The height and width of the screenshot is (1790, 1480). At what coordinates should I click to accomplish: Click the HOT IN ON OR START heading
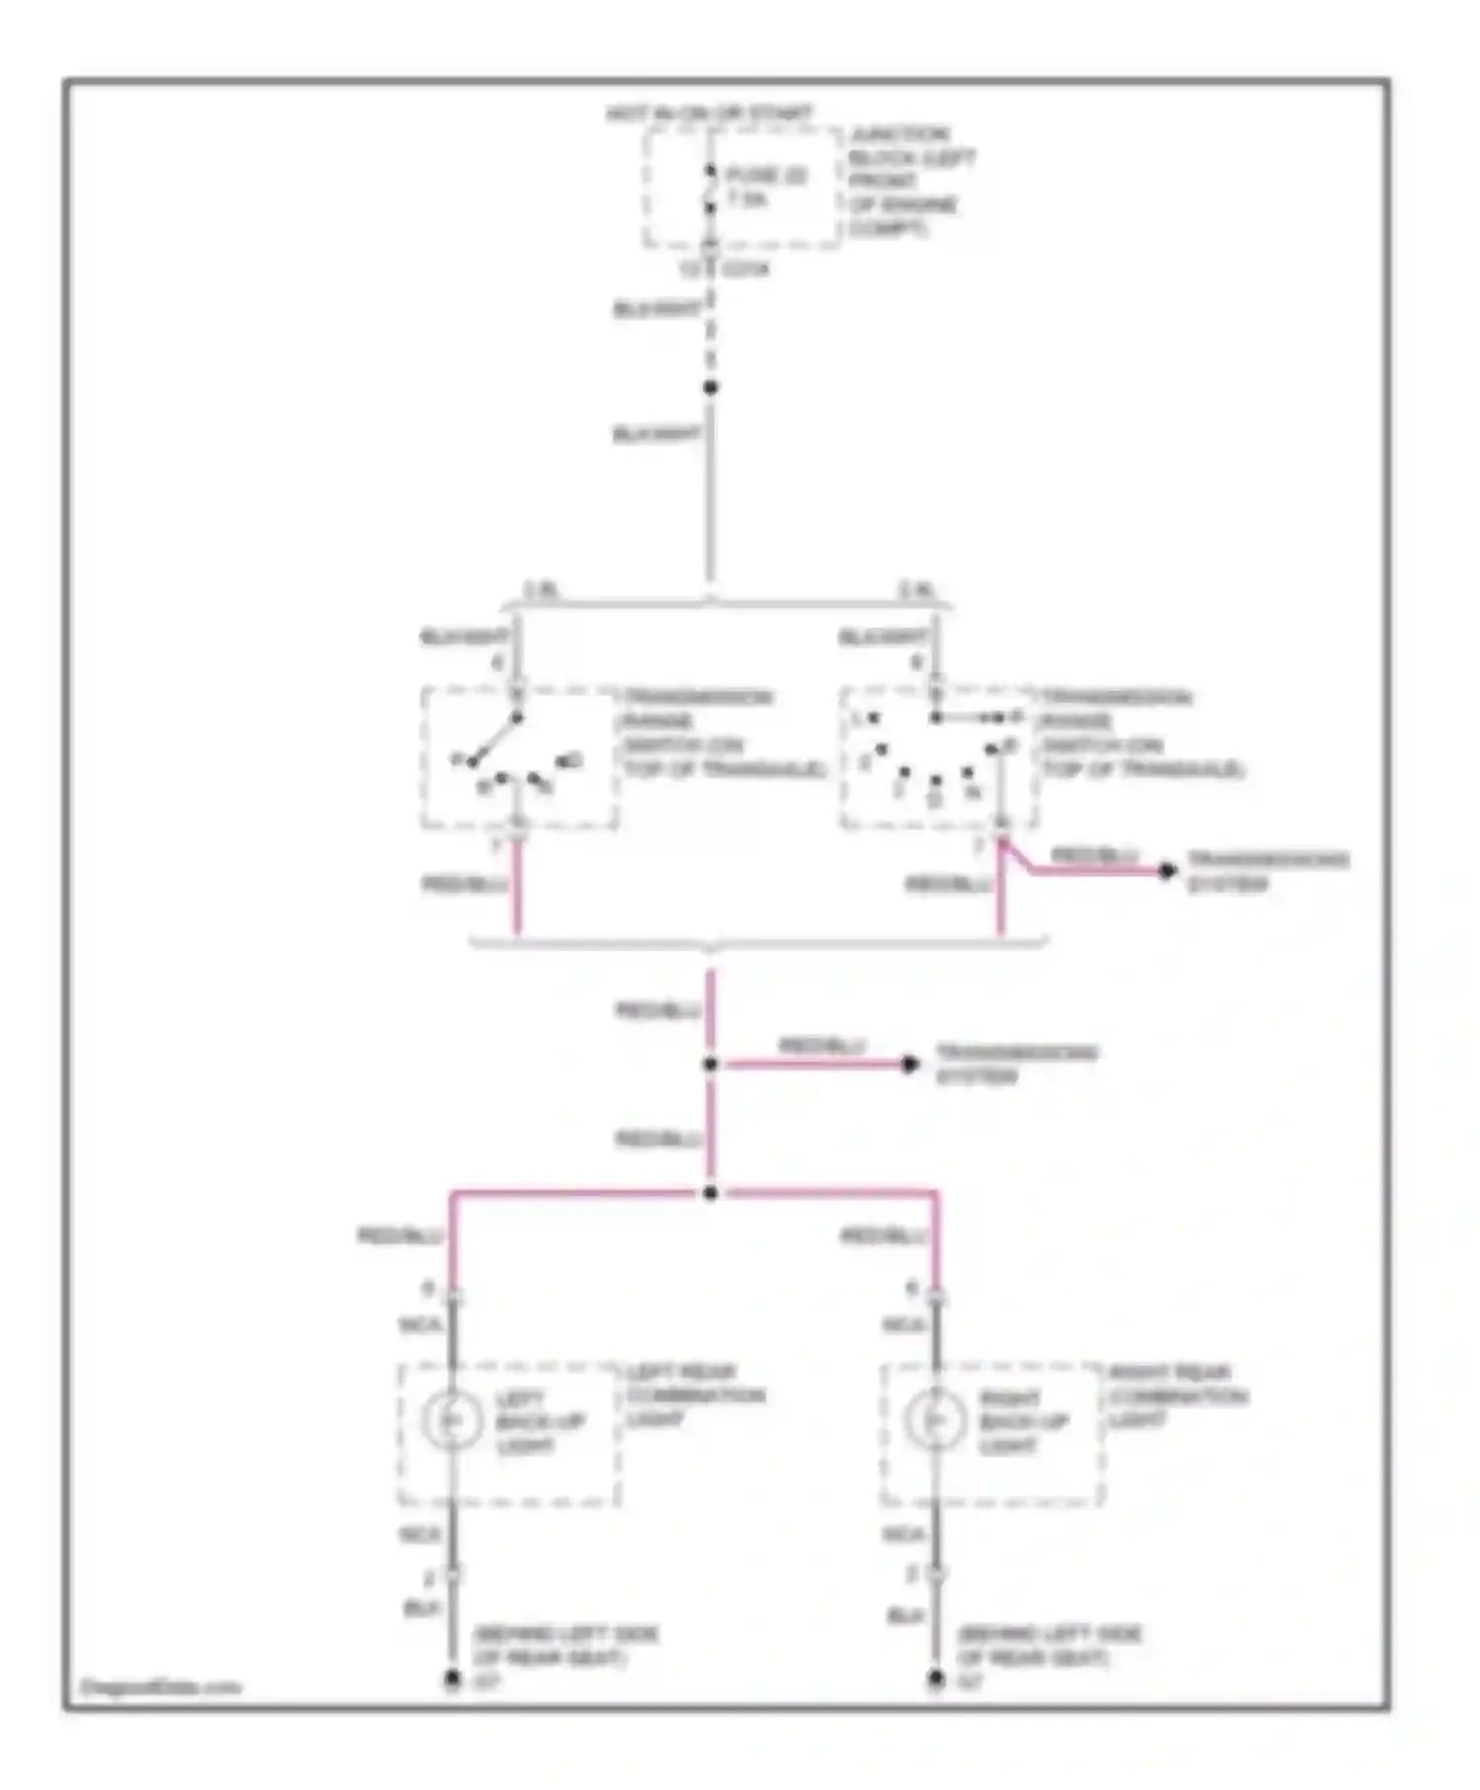pyautogui.click(x=708, y=113)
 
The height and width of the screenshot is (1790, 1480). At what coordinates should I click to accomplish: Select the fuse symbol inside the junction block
pyautogui.click(x=709, y=189)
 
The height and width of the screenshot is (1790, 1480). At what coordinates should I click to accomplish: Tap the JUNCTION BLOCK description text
pyautogui.click(x=911, y=182)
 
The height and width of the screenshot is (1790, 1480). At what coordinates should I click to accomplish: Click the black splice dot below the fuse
pyautogui.click(x=710, y=387)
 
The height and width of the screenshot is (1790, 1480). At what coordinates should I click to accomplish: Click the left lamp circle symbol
pyautogui.click(x=452, y=1419)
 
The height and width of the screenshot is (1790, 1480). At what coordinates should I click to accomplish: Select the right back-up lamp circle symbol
pyautogui.click(x=934, y=1419)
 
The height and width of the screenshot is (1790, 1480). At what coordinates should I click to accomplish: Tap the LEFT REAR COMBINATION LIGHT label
pyautogui.click(x=695, y=1395)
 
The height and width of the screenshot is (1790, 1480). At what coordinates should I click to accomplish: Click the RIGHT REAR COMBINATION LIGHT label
pyautogui.click(x=1177, y=1395)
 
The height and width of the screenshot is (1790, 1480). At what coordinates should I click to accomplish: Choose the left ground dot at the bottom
pyautogui.click(x=452, y=1678)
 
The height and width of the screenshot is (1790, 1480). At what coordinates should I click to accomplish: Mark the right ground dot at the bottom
pyautogui.click(x=935, y=1678)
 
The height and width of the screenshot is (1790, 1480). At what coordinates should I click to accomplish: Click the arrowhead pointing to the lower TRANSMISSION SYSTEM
pyautogui.click(x=911, y=1064)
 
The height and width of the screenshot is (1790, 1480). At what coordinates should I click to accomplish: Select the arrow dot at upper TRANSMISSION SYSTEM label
pyautogui.click(x=1167, y=870)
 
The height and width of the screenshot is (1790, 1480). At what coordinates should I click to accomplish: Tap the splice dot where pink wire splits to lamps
pyautogui.click(x=710, y=1193)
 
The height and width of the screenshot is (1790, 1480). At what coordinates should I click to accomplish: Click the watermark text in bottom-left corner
pyautogui.click(x=160, y=1686)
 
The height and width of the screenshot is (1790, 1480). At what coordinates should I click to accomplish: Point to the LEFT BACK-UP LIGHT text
pyautogui.click(x=539, y=1422)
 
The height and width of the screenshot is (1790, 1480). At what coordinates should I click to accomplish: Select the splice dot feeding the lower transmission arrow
pyautogui.click(x=710, y=1064)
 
